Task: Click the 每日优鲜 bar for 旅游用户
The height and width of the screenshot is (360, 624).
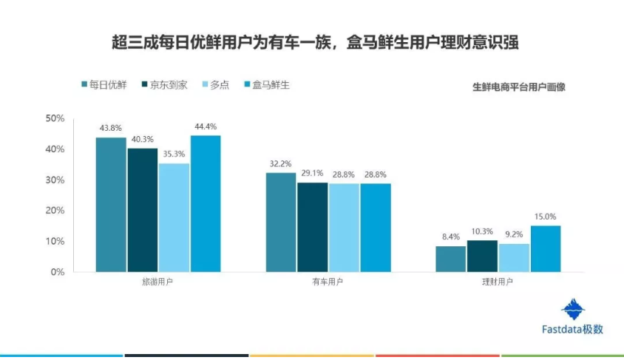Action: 111,205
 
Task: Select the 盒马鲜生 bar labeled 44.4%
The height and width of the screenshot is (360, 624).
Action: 206,204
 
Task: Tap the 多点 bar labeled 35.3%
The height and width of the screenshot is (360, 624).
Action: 174,217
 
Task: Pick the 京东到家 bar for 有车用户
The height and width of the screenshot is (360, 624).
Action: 313,227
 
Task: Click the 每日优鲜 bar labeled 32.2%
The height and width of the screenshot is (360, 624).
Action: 281,223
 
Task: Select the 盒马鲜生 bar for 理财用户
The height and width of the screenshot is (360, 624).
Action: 546,248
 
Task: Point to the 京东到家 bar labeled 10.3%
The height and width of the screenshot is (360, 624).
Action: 482,256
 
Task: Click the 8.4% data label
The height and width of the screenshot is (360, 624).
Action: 451,237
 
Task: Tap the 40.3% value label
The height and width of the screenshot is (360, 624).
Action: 143,139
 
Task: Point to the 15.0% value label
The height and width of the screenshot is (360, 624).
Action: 546,217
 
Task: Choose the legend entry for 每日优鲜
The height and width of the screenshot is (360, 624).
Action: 104,85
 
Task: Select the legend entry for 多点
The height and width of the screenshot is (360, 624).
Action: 214,85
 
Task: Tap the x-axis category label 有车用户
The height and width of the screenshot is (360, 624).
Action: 328,283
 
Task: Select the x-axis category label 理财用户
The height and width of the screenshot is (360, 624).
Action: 498,283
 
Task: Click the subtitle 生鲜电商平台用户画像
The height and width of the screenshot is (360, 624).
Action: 518,86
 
